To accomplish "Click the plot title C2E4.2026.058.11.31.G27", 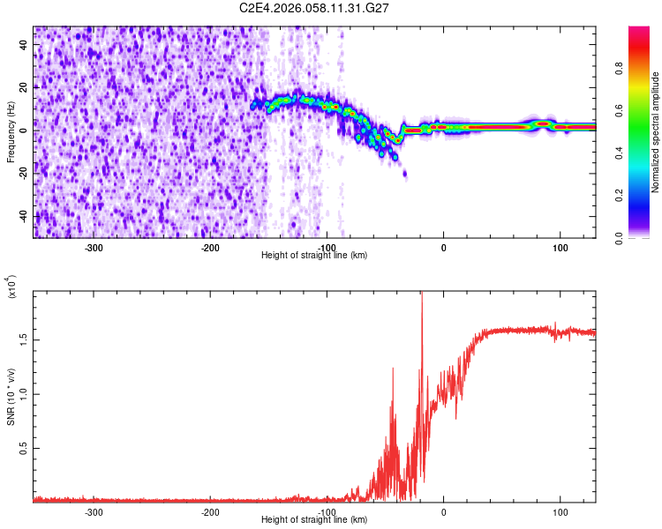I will (x=315, y=8).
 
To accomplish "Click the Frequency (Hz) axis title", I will (x=11, y=132).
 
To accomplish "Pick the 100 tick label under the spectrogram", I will (x=560, y=248).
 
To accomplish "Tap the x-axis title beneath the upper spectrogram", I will (x=315, y=256).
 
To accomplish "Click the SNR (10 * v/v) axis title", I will (x=11, y=396).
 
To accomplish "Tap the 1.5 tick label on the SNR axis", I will (x=23, y=338).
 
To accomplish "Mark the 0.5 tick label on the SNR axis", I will (x=23, y=448).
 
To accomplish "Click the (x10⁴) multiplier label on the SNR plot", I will (x=11, y=288).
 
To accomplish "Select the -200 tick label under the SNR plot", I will (x=210, y=512).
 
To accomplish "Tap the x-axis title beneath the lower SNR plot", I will (x=315, y=520).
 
